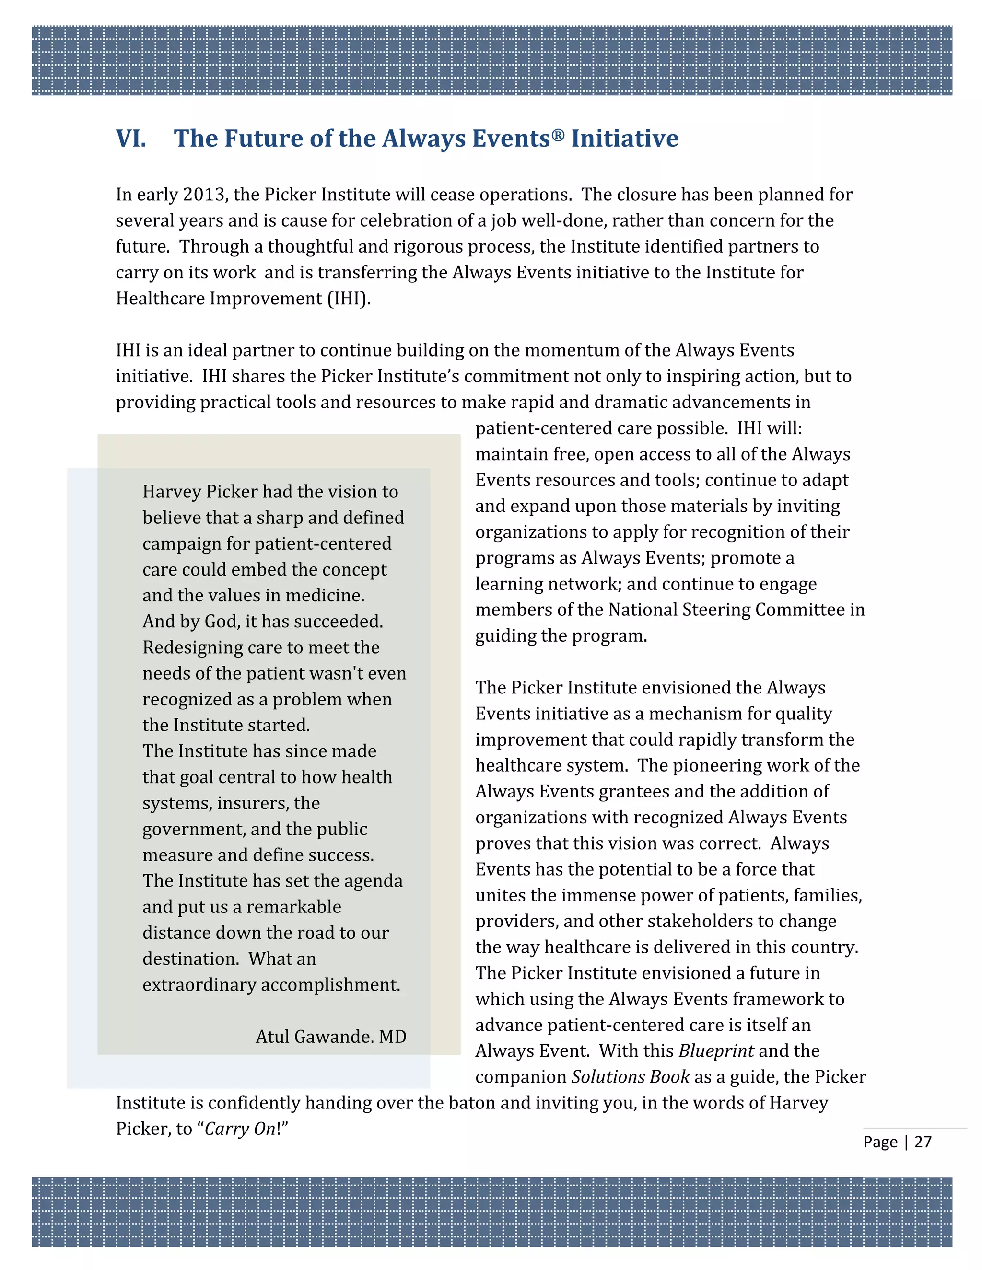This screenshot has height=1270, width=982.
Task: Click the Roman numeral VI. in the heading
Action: tap(131, 139)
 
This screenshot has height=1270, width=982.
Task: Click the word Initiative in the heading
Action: tap(624, 139)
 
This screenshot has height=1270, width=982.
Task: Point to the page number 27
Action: tap(923, 1142)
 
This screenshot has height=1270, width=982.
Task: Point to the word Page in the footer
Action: tap(880, 1142)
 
